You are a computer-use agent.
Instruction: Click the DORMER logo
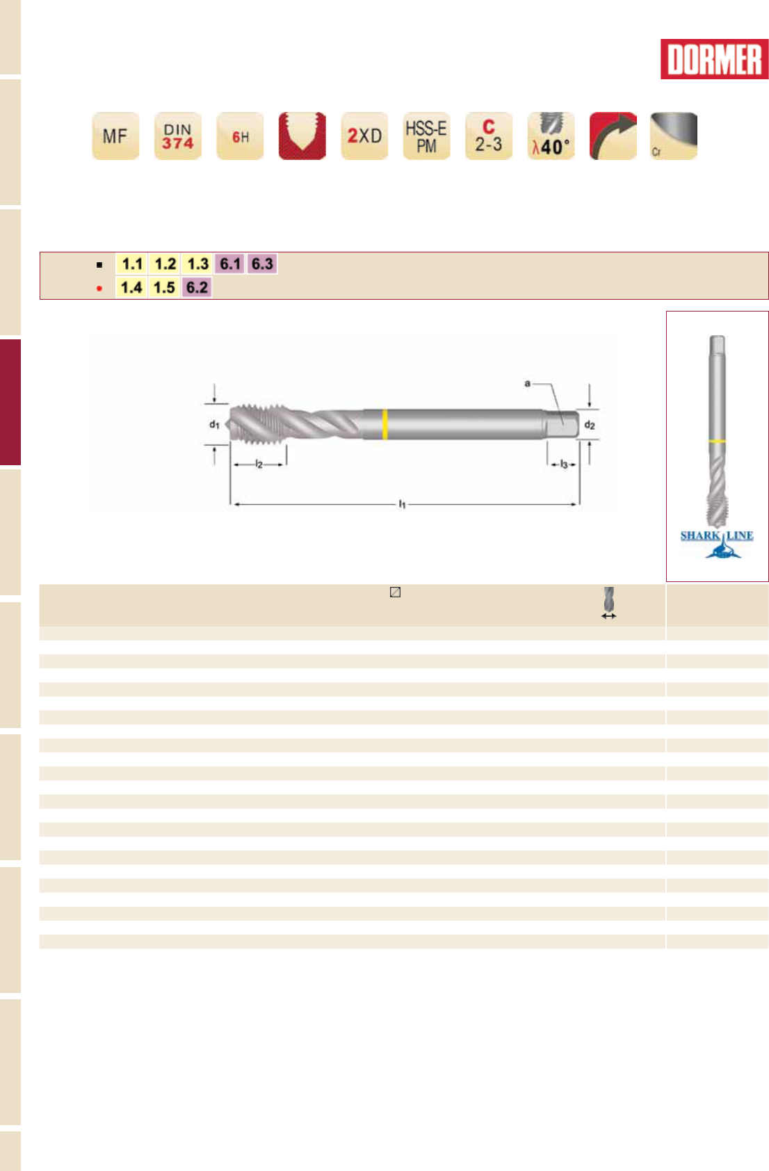point(714,59)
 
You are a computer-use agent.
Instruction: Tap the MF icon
point(115,136)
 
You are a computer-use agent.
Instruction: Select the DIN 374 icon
point(178,136)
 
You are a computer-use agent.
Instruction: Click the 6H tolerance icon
point(240,136)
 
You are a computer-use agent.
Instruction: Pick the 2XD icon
point(364,136)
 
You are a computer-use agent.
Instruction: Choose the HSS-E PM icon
point(427,136)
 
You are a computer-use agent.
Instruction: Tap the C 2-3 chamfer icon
point(489,136)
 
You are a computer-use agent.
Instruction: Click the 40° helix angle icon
point(551,136)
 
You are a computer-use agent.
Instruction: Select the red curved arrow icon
point(613,136)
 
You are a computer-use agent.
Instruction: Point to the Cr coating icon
point(674,136)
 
